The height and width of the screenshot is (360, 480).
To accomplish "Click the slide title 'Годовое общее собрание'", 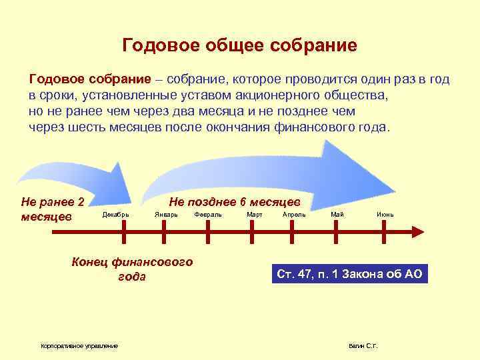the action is click(240, 45).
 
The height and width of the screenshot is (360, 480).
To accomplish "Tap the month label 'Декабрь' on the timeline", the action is click(116, 214).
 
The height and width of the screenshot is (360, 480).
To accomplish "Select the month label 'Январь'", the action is click(166, 214).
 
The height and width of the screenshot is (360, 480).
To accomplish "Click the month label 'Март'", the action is click(254, 214).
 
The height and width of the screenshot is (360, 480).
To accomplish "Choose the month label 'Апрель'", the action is click(294, 214).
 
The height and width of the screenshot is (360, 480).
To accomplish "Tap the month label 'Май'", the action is click(338, 214).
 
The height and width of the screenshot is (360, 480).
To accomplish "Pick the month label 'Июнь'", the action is click(385, 214).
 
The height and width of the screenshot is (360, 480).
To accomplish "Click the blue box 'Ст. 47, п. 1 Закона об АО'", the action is click(349, 274).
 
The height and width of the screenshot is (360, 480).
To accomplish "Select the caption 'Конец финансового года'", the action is click(132, 269).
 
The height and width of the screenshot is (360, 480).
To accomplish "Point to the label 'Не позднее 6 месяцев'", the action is click(235, 201).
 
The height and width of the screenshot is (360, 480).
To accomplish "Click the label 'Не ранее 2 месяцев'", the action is click(53, 209).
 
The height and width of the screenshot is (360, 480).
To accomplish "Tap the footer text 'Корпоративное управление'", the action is click(79, 345).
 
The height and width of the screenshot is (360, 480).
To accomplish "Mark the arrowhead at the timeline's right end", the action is click(419, 231).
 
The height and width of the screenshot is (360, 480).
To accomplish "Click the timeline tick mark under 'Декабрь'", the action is click(123, 231).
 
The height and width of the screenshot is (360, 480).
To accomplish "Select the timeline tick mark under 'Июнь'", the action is click(381, 231).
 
